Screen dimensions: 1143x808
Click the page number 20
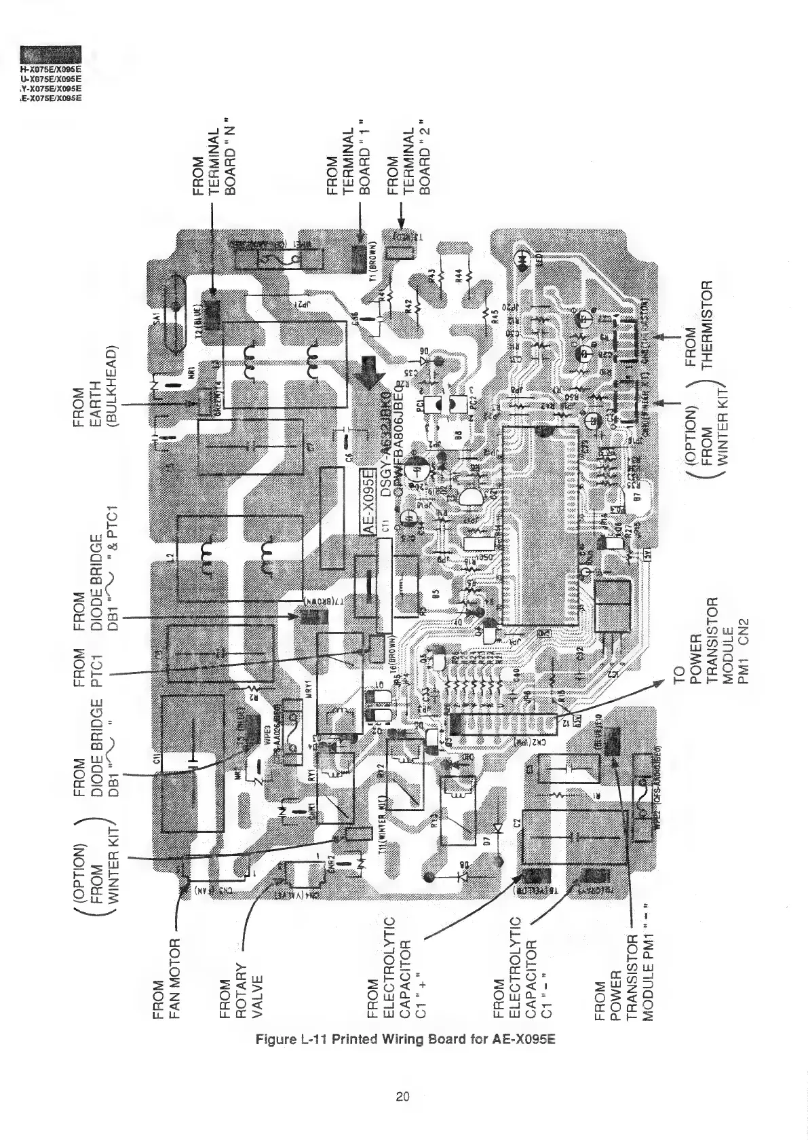click(x=403, y=1096)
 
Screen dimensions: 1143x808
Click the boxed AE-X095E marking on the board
click(x=368, y=502)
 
